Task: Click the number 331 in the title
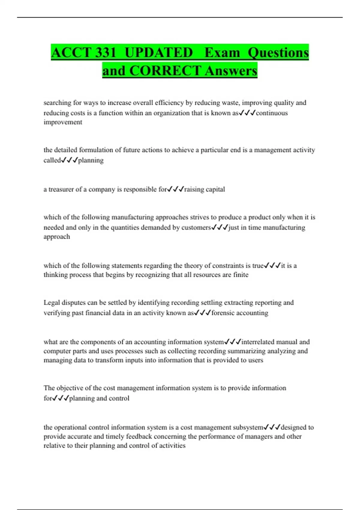(x=105, y=52)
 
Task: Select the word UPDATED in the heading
(x=159, y=52)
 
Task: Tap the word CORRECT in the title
(x=165, y=71)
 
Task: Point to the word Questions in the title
(x=278, y=52)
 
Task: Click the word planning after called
(x=91, y=160)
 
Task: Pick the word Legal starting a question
(x=52, y=302)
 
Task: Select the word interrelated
(x=258, y=342)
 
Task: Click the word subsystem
(x=248, y=427)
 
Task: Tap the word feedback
(x=139, y=436)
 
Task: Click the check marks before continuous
(x=247, y=113)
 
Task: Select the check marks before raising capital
(x=175, y=189)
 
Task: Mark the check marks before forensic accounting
(x=202, y=313)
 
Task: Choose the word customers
(x=196, y=227)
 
